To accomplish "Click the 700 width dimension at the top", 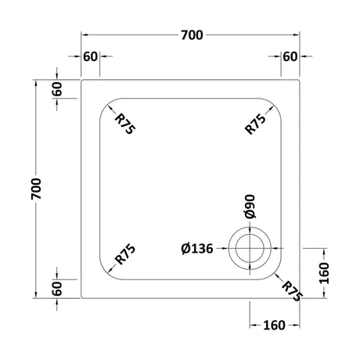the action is tap(192, 35).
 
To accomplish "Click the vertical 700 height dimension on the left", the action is tap(36, 189).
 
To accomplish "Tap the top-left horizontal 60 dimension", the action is tap(90, 56).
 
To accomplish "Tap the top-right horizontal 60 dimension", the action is tap(290, 56).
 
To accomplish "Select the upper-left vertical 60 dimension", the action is tap(57, 89).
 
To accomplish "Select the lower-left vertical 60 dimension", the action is tap(57, 289).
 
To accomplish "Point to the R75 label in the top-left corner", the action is tap(125, 124).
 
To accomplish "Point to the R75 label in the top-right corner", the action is tap(256, 124).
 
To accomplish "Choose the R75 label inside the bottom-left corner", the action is tap(125, 254).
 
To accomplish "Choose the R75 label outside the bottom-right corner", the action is tap(292, 291).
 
